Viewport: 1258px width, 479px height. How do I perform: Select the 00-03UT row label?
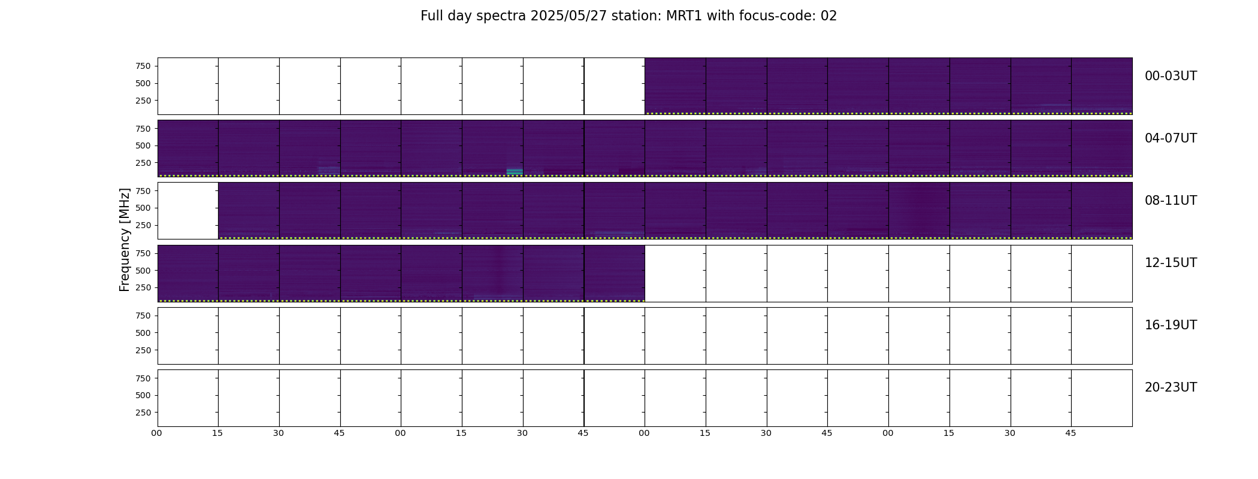[1171, 76]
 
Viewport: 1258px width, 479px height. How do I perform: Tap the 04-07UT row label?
[1171, 138]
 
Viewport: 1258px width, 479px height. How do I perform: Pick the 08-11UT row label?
[1171, 201]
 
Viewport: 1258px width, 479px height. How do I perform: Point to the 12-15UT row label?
[1171, 263]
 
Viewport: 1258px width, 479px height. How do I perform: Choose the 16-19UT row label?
[1171, 325]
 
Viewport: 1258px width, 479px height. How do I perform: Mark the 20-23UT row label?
[1171, 387]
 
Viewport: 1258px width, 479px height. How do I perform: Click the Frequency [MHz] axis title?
[125, 240]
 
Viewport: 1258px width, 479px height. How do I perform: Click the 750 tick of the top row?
[143, 66]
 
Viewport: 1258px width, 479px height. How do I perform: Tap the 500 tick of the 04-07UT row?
[143, 145]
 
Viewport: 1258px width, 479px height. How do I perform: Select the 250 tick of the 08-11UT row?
[143, 225]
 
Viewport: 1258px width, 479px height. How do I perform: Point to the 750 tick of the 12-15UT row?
[143, 253]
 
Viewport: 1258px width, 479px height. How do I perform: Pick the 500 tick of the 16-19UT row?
[143, 333]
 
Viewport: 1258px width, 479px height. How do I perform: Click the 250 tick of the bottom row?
[143, 413]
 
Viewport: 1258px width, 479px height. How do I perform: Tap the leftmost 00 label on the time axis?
[157, 433]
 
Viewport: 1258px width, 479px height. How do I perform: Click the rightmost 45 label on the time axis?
[1070, 433]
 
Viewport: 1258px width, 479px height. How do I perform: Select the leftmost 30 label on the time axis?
[279, 433]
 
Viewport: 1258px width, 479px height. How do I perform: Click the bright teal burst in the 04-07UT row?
[515, 172]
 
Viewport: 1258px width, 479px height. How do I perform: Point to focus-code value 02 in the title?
[828, 16]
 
